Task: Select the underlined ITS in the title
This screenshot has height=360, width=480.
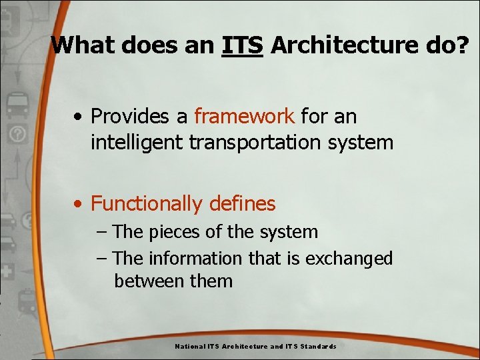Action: coord(243,45)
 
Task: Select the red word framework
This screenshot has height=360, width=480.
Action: coord(244,116)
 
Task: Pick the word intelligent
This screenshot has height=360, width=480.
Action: coord(136,142)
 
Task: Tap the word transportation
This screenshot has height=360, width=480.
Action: coord(261,142)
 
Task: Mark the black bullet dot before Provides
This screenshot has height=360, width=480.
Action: coord(79,117)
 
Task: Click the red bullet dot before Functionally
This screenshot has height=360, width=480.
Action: coord(79,204)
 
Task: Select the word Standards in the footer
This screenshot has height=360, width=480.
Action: coord(318,347)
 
